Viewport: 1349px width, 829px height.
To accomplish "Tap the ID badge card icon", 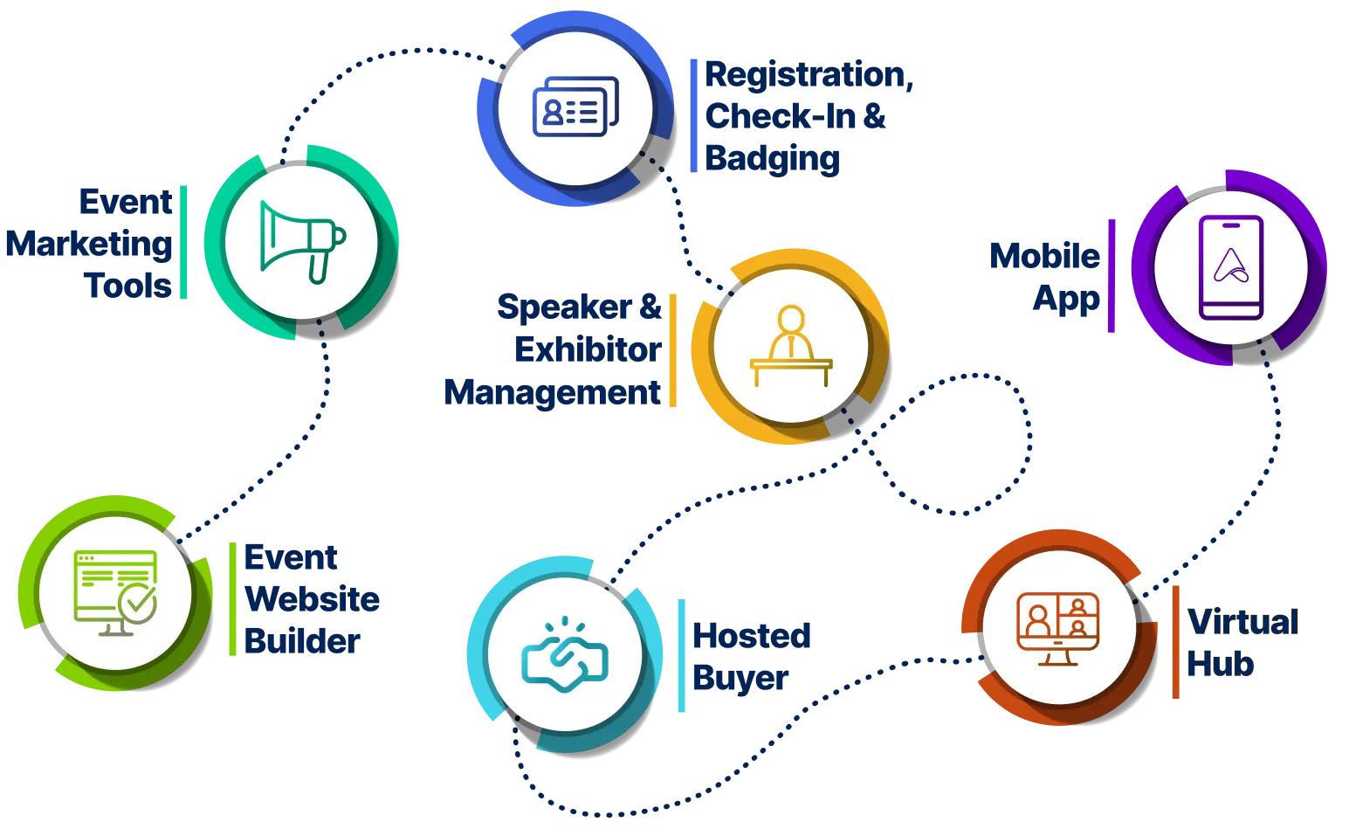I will tap(575, 108).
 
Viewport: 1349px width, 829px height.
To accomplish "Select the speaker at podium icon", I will tap(791, 345).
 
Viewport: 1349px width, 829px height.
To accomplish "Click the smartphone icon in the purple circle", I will tap(1231, 267).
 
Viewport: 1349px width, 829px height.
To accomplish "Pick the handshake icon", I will tap(564, 656).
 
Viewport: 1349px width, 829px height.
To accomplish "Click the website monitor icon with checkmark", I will tap(115, 592).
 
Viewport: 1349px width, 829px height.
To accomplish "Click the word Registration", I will tap(809, 75).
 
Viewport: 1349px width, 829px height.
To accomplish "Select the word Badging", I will tap(774, 159).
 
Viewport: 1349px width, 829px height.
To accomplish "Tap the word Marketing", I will tap(89, 243).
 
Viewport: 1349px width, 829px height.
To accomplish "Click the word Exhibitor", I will tap(587, 349).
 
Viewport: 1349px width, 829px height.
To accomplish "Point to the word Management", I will tap(553, 391).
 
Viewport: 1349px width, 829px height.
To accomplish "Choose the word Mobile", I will tap(1044, 256).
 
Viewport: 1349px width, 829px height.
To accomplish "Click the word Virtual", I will tap(1242, 623).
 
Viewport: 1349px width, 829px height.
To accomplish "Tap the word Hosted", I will tap(752, 635).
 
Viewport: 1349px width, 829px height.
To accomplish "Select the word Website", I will tap(312, 599).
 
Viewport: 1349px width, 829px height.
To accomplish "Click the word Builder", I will tap(302, 641).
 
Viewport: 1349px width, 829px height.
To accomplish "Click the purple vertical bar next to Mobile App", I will tap(1111, 275).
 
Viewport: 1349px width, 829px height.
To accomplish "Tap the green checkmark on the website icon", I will tap(138, 602).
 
